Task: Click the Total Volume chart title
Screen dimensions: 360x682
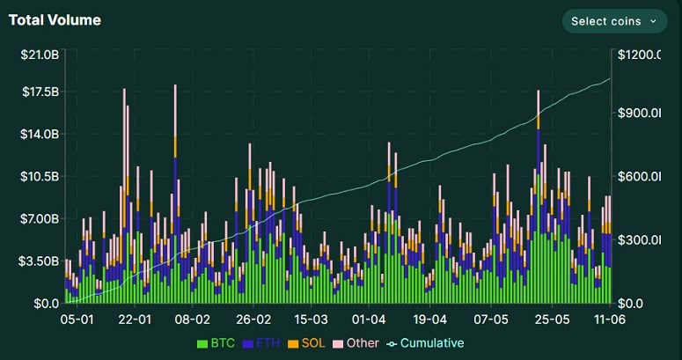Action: point(55,19)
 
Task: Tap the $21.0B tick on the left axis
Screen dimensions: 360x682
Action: point(40,55)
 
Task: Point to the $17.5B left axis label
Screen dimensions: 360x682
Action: point(40,92)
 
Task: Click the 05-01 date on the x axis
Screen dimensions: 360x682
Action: point(77,319)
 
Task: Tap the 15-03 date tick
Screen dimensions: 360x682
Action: point(311,319)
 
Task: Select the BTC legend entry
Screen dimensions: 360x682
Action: point(216,342)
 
